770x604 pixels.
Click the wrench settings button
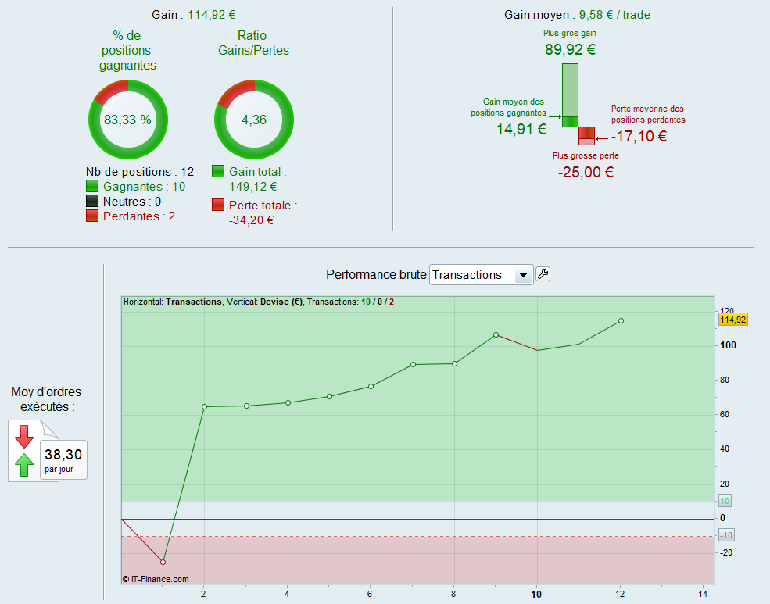(x=543, y=274)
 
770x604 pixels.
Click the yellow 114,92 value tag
(x=732, y=319)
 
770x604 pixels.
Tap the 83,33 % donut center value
(x=127, y=120)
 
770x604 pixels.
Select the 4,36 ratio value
(x=254, y=120)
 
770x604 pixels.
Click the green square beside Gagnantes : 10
(x=92, y=187)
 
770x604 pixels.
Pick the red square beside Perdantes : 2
(x=92, y=216)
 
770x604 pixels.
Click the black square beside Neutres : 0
(x=92, y=202)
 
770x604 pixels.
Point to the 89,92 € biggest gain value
(x=570, y=50)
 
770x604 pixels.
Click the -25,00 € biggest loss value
(x=586, y=172)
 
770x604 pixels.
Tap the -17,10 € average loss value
(x=639, y=136)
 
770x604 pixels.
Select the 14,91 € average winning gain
(x=521, y=130)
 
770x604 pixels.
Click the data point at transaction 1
(x=163, y=562)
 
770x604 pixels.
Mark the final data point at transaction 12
(x=621, y=320)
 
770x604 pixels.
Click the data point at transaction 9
(x=496, y=334)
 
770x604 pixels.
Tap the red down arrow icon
(x=24, y=436)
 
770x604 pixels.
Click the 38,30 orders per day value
(x=63, y=454)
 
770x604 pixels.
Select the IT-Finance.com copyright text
(x=156, y=579)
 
